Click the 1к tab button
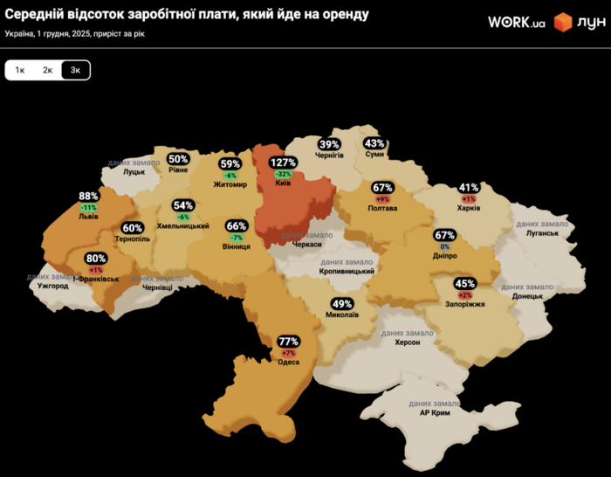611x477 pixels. click(20, 70)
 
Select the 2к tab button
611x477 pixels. click(48, 70)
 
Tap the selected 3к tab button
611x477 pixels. click(76, 70)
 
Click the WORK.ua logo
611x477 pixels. click(516, 23)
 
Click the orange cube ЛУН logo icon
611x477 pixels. click(563, 23)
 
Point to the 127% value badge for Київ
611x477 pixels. click(283, 162)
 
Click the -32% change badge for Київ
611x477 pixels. click(283, 174)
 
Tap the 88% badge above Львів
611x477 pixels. click(88, 197)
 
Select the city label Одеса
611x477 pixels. click(288, 363)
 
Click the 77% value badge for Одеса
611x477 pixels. click(288, 341)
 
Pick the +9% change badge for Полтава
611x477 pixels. click(382, 199)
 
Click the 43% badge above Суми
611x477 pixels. click(374, 143)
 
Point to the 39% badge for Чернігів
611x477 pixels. click(329, 144)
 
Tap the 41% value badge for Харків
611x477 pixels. click(469, 188)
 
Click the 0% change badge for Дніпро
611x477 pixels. click(445, 247)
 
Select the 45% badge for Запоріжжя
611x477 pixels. click(464, 283)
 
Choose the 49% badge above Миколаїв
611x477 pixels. click(342, 303)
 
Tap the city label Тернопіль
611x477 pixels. click(132, 238)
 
